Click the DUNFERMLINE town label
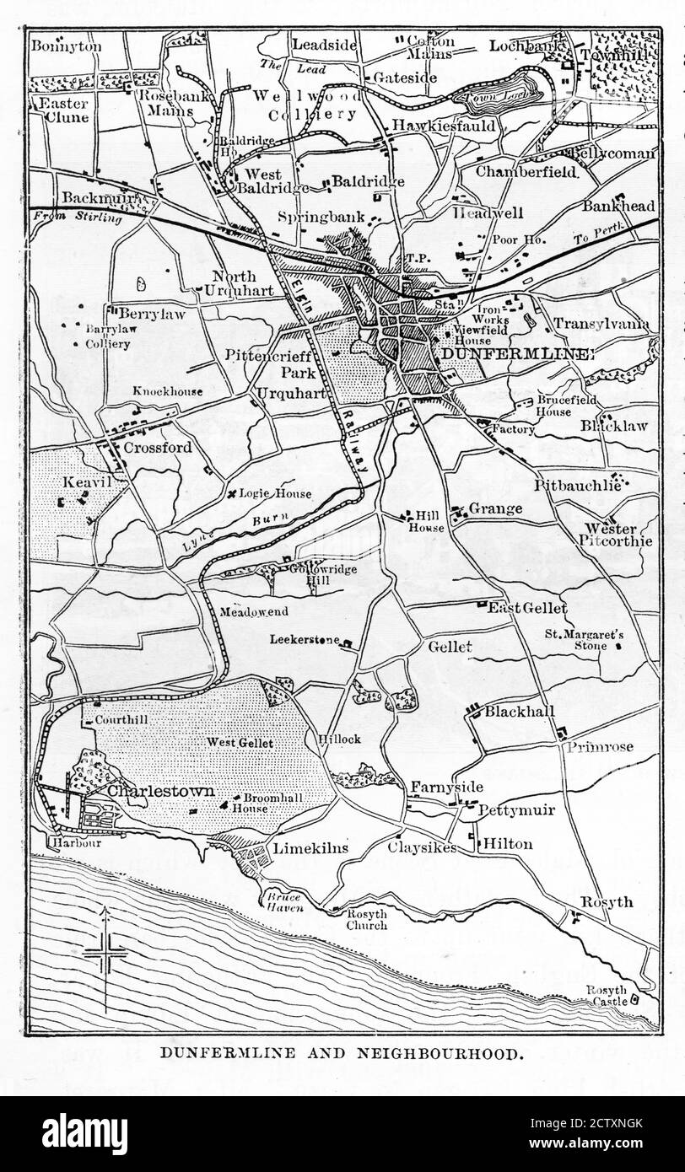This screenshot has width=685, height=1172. tap(517, 354)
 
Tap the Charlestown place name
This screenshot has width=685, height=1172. tap(160, 793)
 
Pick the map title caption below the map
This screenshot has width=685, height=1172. tap(342, 1052)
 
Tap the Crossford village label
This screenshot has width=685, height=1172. tap(157, 447)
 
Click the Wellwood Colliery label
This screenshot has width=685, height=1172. tap(308, 105)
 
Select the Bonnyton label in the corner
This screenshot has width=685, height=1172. tap(66, 46)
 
